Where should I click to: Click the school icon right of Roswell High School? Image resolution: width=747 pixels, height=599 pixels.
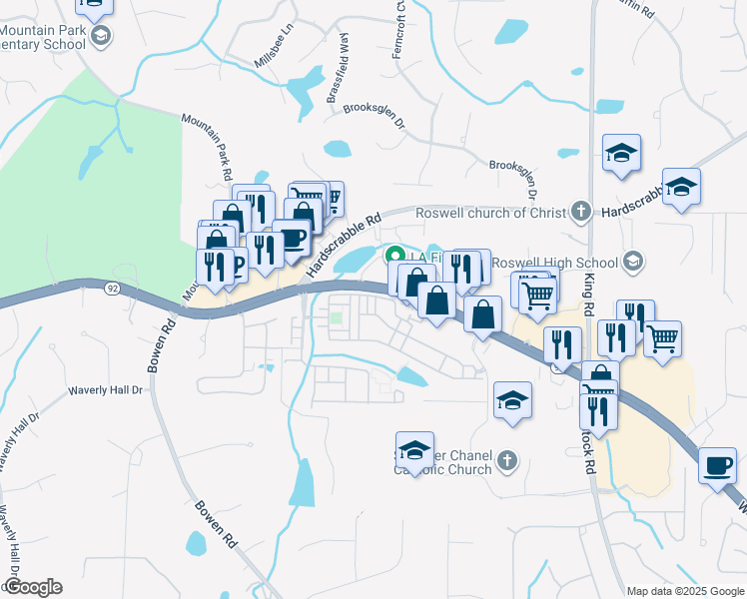pos(631,262)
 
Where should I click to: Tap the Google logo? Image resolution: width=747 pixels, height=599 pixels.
pos(32,587)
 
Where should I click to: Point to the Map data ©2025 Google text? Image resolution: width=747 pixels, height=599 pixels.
pos(685,591)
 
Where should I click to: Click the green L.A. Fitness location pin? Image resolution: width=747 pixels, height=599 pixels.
pos(394,256)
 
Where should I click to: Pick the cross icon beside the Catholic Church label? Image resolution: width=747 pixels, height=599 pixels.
pos(507,460)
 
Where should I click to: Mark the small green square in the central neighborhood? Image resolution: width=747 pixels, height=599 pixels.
pos(337,319)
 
